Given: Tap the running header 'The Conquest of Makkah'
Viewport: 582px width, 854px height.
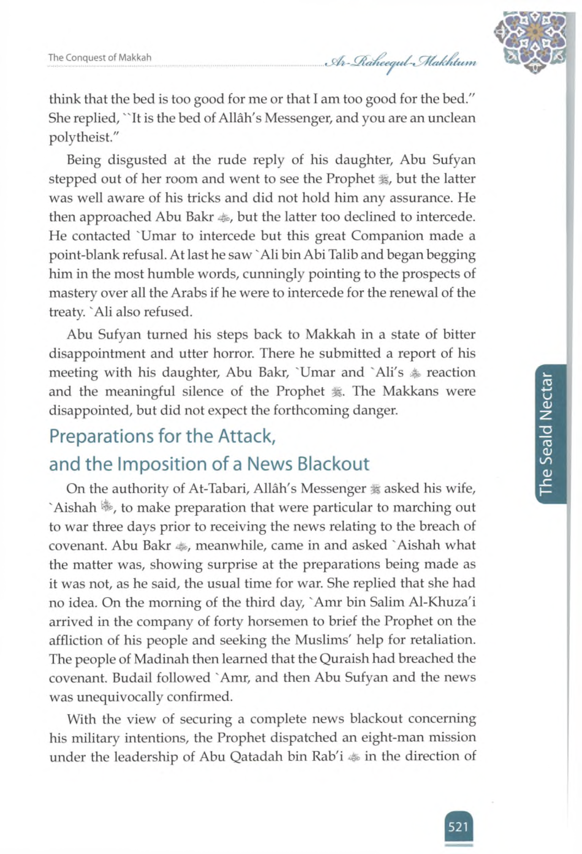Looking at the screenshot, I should (x=100, y=58).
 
